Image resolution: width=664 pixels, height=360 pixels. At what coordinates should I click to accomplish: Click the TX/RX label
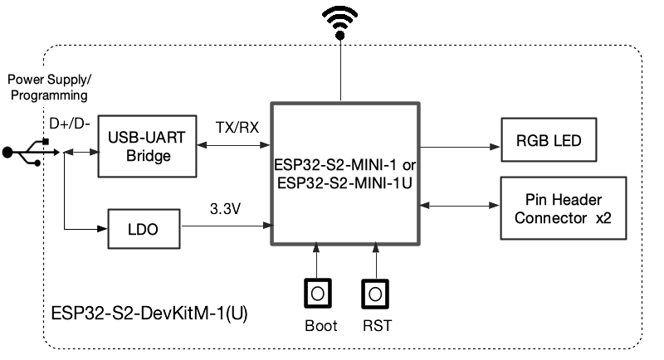coord(237,129)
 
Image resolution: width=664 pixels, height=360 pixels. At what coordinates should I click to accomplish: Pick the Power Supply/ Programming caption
coord(50,87)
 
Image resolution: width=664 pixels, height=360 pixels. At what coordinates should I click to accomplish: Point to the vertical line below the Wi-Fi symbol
coord(339,71)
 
